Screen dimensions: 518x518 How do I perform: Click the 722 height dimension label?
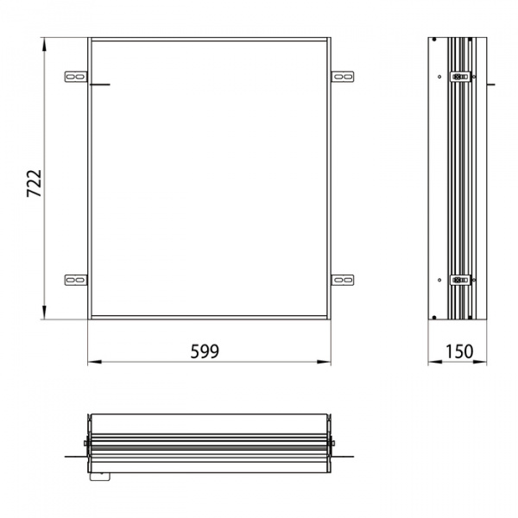pyautogui.click(x=34, y=183)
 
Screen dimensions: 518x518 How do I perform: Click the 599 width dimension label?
pyautogui.click(x=205, y=351)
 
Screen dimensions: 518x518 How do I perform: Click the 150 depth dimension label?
pyautogui.click(x=459, y=351)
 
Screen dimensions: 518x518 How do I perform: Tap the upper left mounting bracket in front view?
pyautogui.click(x=76, y=77)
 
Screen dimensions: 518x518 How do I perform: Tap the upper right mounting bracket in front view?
pyautogui.click(x=343, y=77)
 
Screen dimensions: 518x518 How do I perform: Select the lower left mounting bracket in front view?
pyautogui.click(x=76, y=280)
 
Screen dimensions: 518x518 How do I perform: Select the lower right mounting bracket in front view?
pyautogui.click(x=343, y=280)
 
